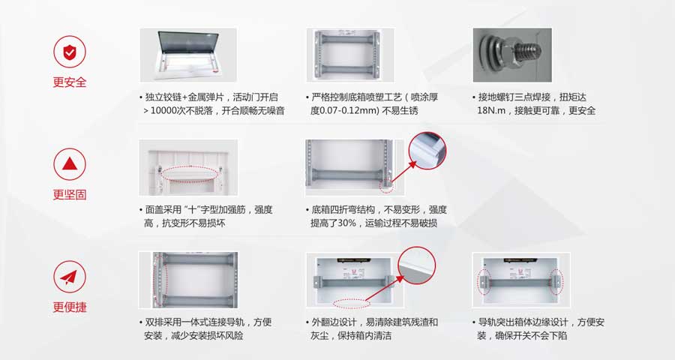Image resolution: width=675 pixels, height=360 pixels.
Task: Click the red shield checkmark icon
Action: [69, 52]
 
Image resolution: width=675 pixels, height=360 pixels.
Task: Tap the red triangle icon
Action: [69, 164]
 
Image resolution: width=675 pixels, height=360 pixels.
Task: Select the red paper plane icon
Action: [69, 277]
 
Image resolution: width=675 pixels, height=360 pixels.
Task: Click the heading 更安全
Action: [70, 82]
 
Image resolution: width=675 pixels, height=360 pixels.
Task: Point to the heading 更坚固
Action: [70, 195]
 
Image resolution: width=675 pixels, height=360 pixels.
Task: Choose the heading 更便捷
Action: [70, 307]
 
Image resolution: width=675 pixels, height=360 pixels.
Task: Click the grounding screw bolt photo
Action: [512, 55]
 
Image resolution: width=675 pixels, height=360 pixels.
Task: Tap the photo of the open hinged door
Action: [188, 55]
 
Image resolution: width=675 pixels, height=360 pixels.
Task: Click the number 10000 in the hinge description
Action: [164, 111]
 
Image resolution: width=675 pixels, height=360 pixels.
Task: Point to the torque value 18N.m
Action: [491, 111]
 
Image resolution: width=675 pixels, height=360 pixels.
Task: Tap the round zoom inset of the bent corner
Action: [427, 151]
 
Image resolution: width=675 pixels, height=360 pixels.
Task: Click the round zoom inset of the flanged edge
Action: [416, 265]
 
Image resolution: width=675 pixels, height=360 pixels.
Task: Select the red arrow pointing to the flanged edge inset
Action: [385, 288]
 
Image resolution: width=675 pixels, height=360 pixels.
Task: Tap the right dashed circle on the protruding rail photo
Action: [556, 282]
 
